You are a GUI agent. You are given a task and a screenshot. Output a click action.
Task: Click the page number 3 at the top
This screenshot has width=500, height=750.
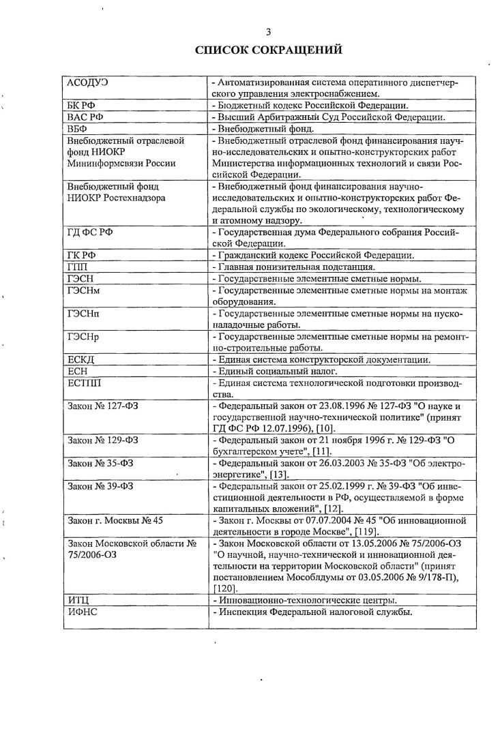[268, 31]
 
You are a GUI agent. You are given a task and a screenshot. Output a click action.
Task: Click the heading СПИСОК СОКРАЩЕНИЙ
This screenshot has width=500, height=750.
[268, 50]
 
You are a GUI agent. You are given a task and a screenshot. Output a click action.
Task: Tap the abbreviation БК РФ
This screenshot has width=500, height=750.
[80, 106]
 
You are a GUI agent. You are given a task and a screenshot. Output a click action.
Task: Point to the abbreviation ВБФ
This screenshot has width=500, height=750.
[78, 128]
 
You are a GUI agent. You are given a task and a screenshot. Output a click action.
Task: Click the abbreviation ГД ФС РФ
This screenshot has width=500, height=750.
[89, 233]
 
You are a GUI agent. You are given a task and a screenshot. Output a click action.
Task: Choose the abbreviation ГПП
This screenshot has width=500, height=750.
[77, 267]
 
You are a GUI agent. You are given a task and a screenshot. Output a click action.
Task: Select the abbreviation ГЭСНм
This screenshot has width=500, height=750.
[85, 290]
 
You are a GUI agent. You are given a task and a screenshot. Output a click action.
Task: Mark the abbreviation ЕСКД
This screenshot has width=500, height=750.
[80, 360]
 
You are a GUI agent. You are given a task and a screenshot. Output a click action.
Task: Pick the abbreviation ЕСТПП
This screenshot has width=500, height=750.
[84, 383]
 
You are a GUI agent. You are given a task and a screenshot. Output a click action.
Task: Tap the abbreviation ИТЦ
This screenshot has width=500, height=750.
[78, 601]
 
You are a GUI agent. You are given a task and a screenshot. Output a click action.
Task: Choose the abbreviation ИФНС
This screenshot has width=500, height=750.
[82, 612]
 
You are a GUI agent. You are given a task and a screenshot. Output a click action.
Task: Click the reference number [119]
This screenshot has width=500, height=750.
[350, 533]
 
